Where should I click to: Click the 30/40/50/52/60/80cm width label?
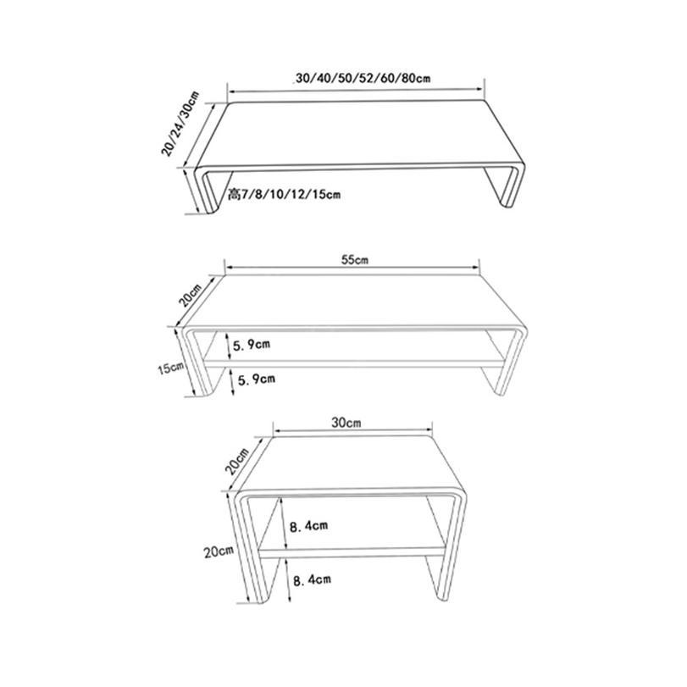[x=363, y=79]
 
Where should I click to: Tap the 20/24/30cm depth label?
[x=180, y=124]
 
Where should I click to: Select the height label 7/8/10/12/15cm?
[x=285, y=194]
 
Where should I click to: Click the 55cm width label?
[x=355, y=260]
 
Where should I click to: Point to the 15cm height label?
[x=171, y=368]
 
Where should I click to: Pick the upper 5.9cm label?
[x=251, y=345]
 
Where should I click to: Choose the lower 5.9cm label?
[x=257, y=379]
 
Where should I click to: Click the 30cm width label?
[x=346, y=423]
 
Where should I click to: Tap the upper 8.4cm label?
[x=308, y=525]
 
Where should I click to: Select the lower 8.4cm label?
[x=312, y=580]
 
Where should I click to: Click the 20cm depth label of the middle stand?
[x=190, y=295]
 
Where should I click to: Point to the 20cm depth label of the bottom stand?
[x=236, y=462]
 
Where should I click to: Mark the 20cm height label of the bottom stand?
[x=219, y=551]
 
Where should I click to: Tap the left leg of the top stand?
[x=208, y=190]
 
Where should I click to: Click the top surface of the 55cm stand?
[x=353, y=301]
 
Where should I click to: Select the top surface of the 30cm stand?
[x=351, y=463]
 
